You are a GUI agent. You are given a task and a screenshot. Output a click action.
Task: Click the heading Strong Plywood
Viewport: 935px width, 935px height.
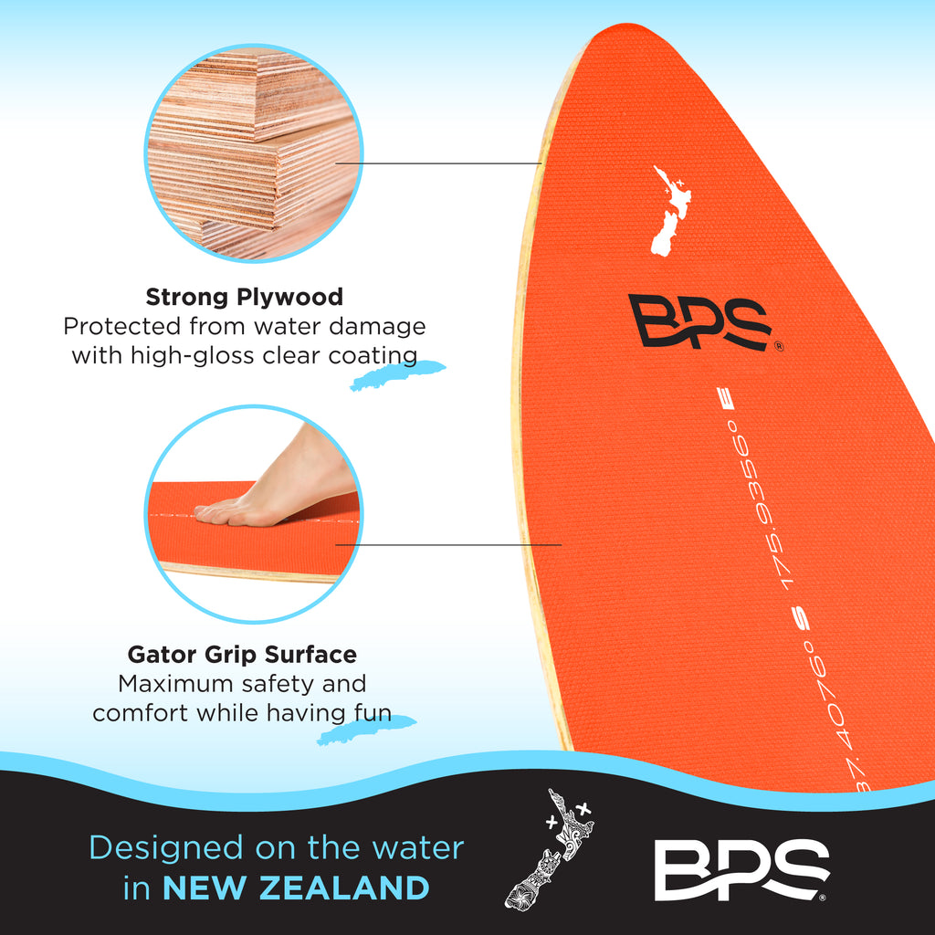pyautogui.click(x=245, y=297)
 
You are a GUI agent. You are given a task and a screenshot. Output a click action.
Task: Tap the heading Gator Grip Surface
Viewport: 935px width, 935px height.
pyautogui.click(x=242, y=655)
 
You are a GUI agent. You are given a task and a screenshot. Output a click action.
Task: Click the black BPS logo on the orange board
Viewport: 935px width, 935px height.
pyautogui.click(x=701, y=321)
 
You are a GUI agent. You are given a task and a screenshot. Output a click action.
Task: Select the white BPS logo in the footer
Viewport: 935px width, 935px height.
pyautogui.click(x=741, y=869)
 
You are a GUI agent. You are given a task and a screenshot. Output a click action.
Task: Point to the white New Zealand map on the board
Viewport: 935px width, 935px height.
pyautogui.click(x=671, y=212)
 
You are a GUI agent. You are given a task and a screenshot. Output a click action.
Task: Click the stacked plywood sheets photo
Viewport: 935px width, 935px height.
pyautogui.click(x=254, y=152)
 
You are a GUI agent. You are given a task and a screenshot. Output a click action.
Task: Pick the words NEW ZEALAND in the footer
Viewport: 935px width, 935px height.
pyautogui.click(x=296, y=888)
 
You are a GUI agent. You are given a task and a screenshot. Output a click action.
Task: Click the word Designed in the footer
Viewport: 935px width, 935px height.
pyautogui.click(x=166, y=848)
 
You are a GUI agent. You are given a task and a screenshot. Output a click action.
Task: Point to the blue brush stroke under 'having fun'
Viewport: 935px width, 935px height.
pyautogui.click(x=365, y=730)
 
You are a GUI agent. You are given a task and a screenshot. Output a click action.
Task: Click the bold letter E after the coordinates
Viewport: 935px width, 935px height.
pyautogui.click(x=729, y=399)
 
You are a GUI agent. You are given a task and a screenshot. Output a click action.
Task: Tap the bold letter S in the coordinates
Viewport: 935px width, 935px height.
pyautogui.click(x=804, y=621)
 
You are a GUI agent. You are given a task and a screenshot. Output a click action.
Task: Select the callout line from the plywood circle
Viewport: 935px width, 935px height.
pyautogui.click(x=438, y=163)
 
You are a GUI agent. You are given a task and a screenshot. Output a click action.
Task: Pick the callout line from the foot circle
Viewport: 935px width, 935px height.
pyautogui.click(x=448, y=544)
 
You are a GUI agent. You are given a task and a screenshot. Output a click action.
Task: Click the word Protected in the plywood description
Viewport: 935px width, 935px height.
pyautogui.click(x=122, y=327)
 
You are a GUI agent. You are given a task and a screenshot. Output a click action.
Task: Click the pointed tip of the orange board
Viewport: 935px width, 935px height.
pyautogui.click(x=620, y=24)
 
